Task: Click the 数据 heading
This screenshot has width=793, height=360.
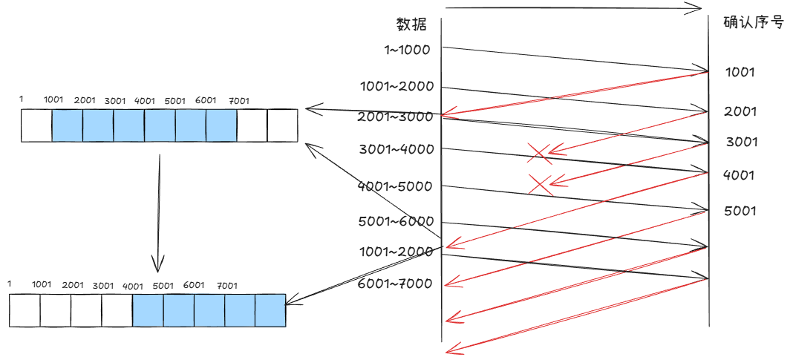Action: pos(411,24)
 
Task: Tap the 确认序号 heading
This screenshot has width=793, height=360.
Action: pos(754,22)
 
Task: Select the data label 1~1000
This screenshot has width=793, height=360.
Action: pos(407,50)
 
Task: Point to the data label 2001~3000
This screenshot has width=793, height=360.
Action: pos(395,117)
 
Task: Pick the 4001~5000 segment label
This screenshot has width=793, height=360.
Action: pos(395,186)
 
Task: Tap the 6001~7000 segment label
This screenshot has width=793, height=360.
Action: pos(395,284)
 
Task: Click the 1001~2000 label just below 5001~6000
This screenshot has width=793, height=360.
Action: pos(395,252)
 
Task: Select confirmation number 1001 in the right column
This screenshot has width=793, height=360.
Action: pos(740,73)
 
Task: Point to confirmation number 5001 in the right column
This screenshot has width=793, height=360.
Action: pos(740,211)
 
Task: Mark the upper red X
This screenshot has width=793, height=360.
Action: pos(540,153)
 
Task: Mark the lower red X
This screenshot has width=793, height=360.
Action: pos(540,184)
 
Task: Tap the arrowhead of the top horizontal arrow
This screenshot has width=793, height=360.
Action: pos(694,8)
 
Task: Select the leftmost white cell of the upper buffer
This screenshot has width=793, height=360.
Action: pos(36,125)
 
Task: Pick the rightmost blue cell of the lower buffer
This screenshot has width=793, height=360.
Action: pos(270,310)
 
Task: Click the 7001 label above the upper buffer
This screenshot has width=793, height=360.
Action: pos(239,100)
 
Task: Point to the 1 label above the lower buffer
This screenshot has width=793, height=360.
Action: pos(10,284)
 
